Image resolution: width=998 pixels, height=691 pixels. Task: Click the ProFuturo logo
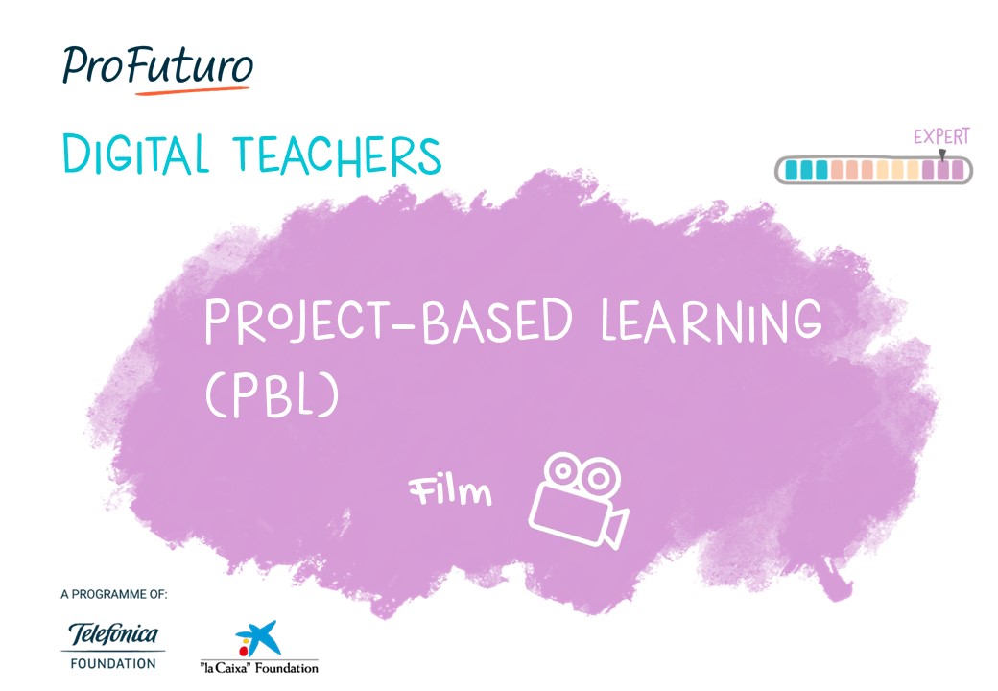(157, 69)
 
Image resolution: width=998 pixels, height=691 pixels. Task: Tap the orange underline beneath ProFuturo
(192, 90)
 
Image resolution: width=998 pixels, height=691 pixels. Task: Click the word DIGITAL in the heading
(135, 154)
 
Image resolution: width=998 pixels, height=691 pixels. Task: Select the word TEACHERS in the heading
(338, 155)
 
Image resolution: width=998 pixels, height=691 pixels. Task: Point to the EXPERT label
(941, 136)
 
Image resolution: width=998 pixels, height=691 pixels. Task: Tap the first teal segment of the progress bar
(792, 171)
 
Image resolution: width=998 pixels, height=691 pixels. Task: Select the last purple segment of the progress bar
(958, 171)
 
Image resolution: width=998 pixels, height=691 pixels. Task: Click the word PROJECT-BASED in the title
(389, 321)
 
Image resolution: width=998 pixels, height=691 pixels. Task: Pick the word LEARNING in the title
(712, 320)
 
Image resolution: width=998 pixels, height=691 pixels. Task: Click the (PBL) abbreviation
(272, 394)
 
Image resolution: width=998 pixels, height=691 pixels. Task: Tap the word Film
(450, 491)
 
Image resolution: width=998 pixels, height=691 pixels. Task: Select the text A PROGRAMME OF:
(114, 594)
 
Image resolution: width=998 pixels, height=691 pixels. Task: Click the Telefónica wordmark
(113, 633)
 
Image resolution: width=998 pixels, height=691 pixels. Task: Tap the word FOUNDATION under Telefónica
(113, 663)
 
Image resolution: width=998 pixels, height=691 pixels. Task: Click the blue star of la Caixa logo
(258, 635)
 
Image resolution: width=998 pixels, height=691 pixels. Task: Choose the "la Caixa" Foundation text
(259, 667)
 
